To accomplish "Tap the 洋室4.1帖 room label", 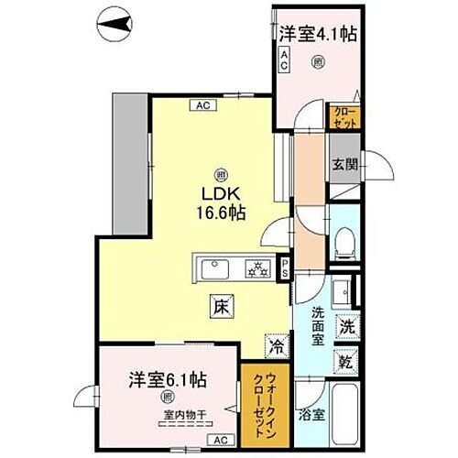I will click(x=317, y=35).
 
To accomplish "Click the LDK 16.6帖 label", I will click(x=222, y=202).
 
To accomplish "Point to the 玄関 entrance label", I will click(x=344, y=165).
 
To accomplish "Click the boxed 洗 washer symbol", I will click(x=347, y=325).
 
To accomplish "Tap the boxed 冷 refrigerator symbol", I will click(x=275, y=346).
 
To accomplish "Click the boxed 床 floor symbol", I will click(x=222, y=309).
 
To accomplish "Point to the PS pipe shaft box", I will click(x=286, y=267).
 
